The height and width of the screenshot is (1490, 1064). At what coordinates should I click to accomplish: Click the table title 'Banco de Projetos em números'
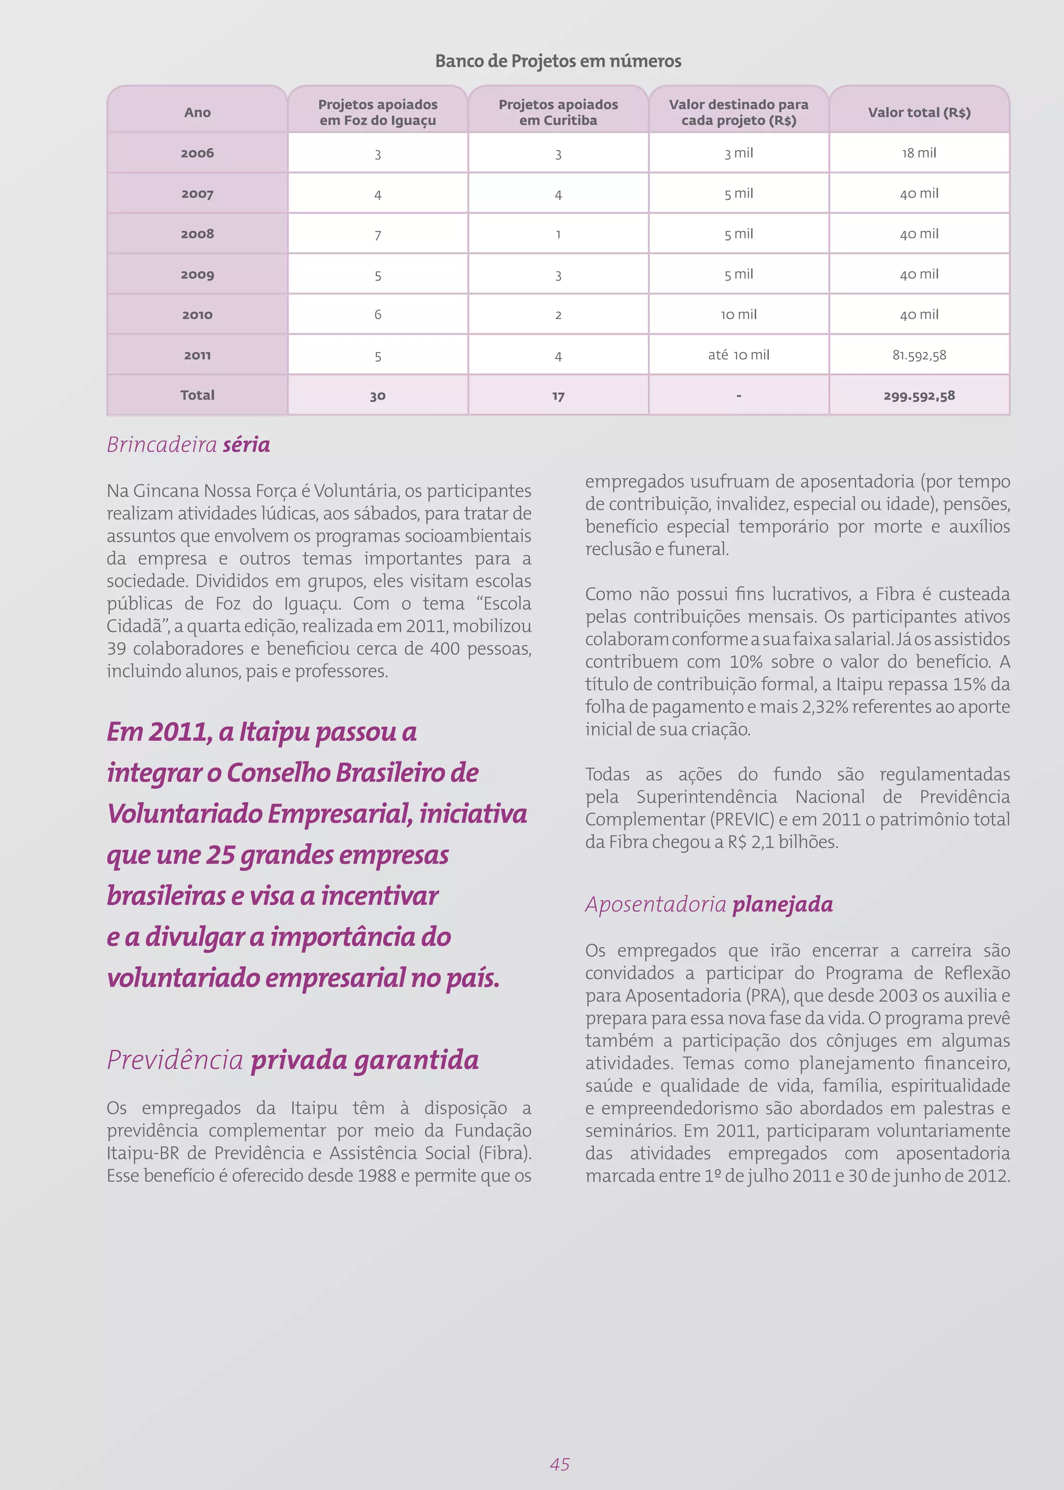(557, 61)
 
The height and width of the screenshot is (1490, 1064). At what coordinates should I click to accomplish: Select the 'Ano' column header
(197, 112)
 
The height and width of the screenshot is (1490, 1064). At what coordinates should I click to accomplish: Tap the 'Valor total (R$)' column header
(919, 112)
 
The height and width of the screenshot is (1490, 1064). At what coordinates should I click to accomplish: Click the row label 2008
(197, 234)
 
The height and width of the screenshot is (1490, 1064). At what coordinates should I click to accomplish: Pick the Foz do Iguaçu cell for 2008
(377, 234)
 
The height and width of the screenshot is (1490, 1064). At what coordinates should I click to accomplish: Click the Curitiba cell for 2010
(557, 315)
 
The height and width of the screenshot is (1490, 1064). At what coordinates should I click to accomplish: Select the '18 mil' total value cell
(919, 153)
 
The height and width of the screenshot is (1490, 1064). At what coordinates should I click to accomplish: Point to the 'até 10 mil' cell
(738, 355)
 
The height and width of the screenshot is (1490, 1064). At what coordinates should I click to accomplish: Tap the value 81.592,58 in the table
(919, 355)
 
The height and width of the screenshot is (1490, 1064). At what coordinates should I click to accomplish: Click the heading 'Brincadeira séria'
(188, 445)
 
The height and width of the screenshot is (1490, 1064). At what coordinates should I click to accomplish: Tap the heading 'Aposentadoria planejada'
(708, 904)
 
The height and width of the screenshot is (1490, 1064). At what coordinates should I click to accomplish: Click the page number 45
(559, 1464)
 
